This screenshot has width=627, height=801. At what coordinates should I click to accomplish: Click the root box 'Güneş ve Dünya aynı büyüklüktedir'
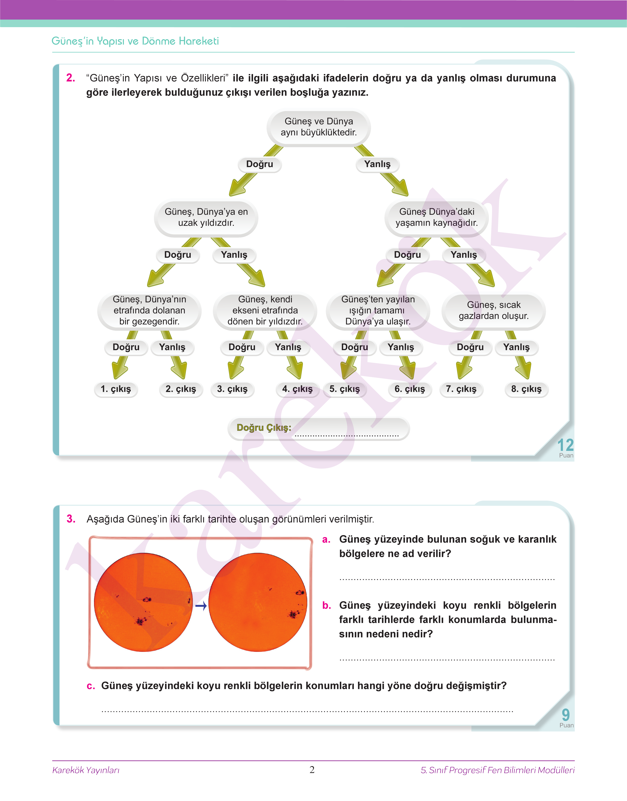(319, 127)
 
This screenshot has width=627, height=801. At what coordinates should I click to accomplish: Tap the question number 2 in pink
(71, 78)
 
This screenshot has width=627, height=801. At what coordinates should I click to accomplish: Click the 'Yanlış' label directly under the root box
(377, 164)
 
